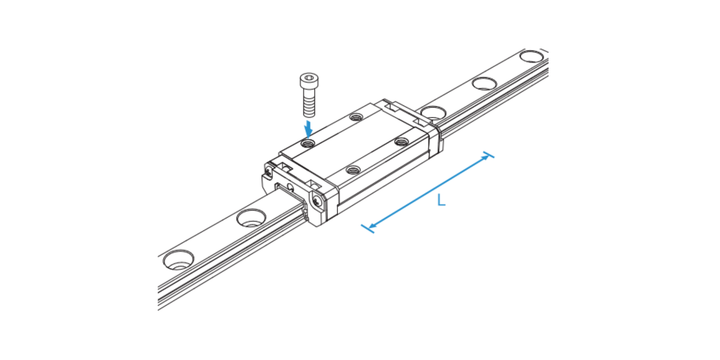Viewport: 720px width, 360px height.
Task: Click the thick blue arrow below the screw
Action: point(309,128)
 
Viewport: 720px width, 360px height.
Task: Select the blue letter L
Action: point(441,200)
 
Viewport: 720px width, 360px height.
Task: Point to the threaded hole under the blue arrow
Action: point(308,143)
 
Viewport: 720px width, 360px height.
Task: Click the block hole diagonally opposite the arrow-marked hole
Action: point(401,142)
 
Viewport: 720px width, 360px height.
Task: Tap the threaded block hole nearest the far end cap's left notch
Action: point(356,117)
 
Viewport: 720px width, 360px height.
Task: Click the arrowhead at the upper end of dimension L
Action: point(486,157)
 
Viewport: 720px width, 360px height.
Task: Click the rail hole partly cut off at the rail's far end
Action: point(533,56)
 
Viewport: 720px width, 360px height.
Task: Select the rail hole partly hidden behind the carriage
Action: point(433,113)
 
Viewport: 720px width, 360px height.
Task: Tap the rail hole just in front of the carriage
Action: point(252,218)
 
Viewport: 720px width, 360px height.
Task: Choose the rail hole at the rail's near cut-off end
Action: point(178,260)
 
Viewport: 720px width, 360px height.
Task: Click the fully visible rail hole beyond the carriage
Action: point(484,84)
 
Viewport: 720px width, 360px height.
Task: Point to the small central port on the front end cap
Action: point(290,187)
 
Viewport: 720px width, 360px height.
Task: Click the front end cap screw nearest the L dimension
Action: point(317,200)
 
